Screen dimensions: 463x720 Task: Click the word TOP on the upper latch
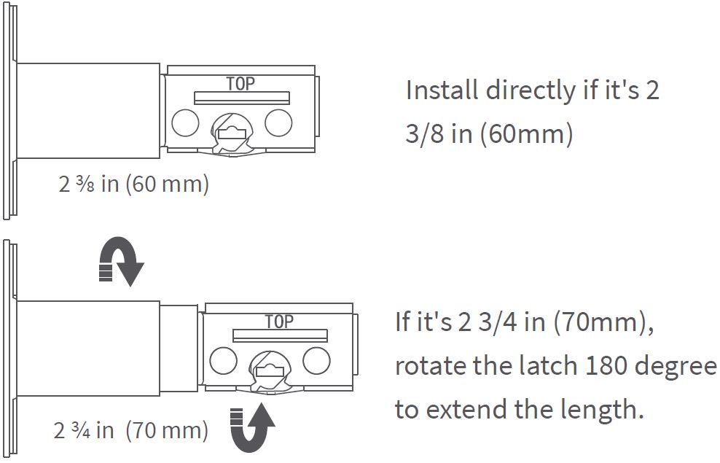point(240,83)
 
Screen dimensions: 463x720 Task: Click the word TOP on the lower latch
point(278,322)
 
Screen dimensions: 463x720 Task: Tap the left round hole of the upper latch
point(185,122)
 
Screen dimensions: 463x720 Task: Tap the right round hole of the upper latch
point(278,122)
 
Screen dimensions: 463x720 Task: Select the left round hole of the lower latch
point(223,360)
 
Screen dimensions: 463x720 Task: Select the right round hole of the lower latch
point(316,360)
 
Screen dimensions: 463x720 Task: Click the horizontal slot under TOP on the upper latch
point(241,98)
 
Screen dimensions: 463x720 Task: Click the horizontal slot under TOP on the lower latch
point(280,335)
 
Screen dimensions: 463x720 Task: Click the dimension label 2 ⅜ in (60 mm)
point(133,184)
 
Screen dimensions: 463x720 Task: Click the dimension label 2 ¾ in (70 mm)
point(131,430)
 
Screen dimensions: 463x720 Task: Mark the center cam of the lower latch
point(270,368)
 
